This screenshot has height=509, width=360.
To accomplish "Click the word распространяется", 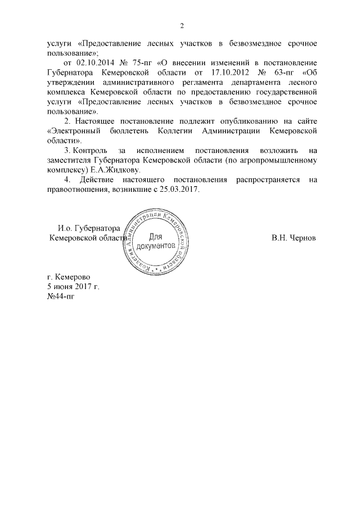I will click(264, 180).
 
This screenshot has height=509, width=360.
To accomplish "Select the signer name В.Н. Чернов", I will click(293, 238).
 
